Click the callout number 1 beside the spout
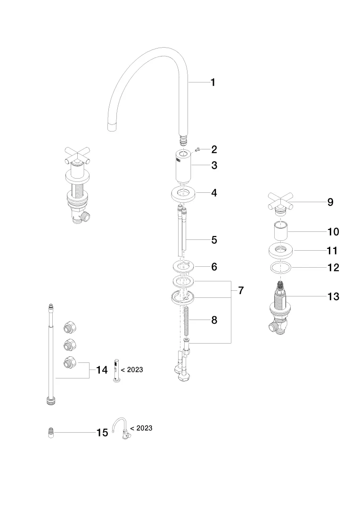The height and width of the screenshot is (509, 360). tap(213, 82)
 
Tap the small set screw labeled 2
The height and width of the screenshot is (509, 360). tap(198, 150)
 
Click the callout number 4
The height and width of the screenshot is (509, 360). tap(214, 193)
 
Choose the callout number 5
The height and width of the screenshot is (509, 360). tap(214, 240)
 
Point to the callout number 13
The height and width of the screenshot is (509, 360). tap(333, 297)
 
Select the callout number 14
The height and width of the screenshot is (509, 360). tap(102, 370)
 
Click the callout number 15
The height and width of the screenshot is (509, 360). tap(102, 433)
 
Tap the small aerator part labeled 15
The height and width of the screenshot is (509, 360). tap(51, 433)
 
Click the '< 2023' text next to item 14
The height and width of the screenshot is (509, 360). tap(132, 370)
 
